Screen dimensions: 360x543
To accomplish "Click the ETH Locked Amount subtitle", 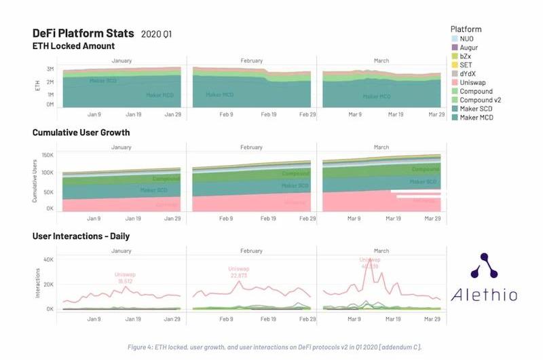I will pyautogui.click(x=73, y=46).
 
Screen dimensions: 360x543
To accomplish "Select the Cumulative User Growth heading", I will pyautogui.click(x=81, y=132).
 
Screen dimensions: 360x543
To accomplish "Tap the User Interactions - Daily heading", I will pyautogui.click(x=81, y=236).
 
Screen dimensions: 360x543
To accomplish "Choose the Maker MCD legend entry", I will pyautogui.click(x=476, y=118).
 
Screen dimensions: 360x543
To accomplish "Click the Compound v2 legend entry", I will pyautogui.click(x=481, y=100).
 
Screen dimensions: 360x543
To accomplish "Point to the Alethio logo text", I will pyautogui.click(x=484, y=295).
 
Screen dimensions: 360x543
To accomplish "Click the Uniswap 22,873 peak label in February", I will pyautogui.click(x=238, y=272).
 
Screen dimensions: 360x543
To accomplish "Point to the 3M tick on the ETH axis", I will pyautogui.click(x=50, y=69).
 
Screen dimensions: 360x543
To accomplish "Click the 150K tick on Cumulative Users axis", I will pyautogui.click(x=47, y=156).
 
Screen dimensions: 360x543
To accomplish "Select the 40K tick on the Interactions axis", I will pyautogui.click(x=48, y=259).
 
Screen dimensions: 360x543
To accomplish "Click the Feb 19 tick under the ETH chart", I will pyautogui.click(x=269, y=115).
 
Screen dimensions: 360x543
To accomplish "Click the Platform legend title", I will pyautogui.click(x=466, y=29).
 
